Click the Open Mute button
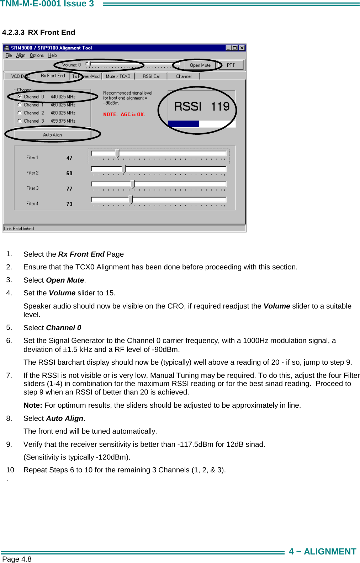[200, 65]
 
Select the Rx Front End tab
[53, 76]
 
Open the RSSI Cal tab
[151, 76]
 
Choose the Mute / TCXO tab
[118, 76]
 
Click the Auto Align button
[52, 135]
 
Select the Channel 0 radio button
[20, 97]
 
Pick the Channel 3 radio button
[20, 121]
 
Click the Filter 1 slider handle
[117, 154]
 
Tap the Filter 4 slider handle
[131, 200]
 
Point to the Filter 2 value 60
[69, 173]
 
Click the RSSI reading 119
[220, 106]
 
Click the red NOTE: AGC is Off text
[124, 114]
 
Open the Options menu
[37, 55]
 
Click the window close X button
[242, 48]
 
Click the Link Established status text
[19, 229]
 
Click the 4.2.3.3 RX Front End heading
[38, 32]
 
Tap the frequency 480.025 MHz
[63, 113]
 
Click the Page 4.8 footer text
[17, 559]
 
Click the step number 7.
[9, 375]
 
